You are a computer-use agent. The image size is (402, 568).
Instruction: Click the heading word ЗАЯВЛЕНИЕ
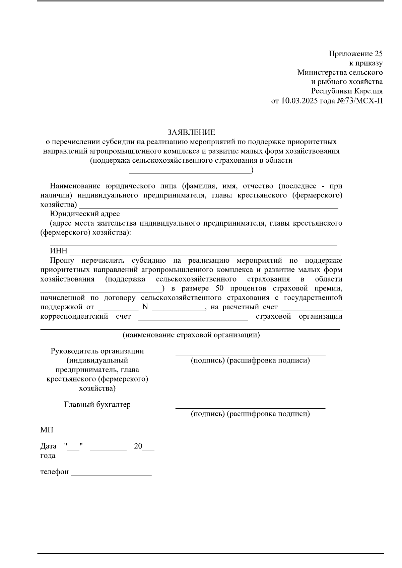coord(191,133)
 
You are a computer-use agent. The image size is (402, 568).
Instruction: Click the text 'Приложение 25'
coord(355,54)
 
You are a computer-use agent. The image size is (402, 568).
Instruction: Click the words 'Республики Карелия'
coord(347,91)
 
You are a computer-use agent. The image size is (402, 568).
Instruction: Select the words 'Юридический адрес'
coord(84,214)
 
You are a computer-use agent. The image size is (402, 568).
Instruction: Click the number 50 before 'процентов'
coord(217,289)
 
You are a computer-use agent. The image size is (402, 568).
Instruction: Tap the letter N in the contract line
coord(145,307)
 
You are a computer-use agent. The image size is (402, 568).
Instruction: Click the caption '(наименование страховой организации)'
coord(191,335)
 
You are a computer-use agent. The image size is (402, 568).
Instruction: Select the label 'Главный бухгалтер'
coord(97,405)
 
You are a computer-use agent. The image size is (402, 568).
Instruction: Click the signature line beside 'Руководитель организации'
coord(250,354)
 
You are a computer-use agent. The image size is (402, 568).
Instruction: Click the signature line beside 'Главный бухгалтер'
coord(250,408)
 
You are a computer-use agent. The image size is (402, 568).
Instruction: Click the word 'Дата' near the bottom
coord(48,446)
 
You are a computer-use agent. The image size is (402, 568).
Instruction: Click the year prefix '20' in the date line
coord(138,446)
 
